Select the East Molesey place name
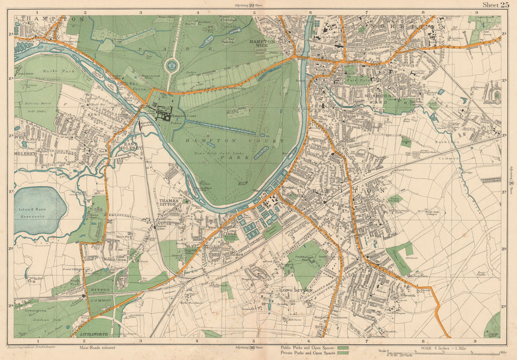tap(130, 147)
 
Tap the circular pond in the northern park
tap(171, 66)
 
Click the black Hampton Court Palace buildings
tap(164, 112)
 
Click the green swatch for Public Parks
tap(341, 347)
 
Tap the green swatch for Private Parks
tap(341, 353)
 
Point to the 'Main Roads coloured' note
tap(97, 348)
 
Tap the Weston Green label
tap(115, 259)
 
